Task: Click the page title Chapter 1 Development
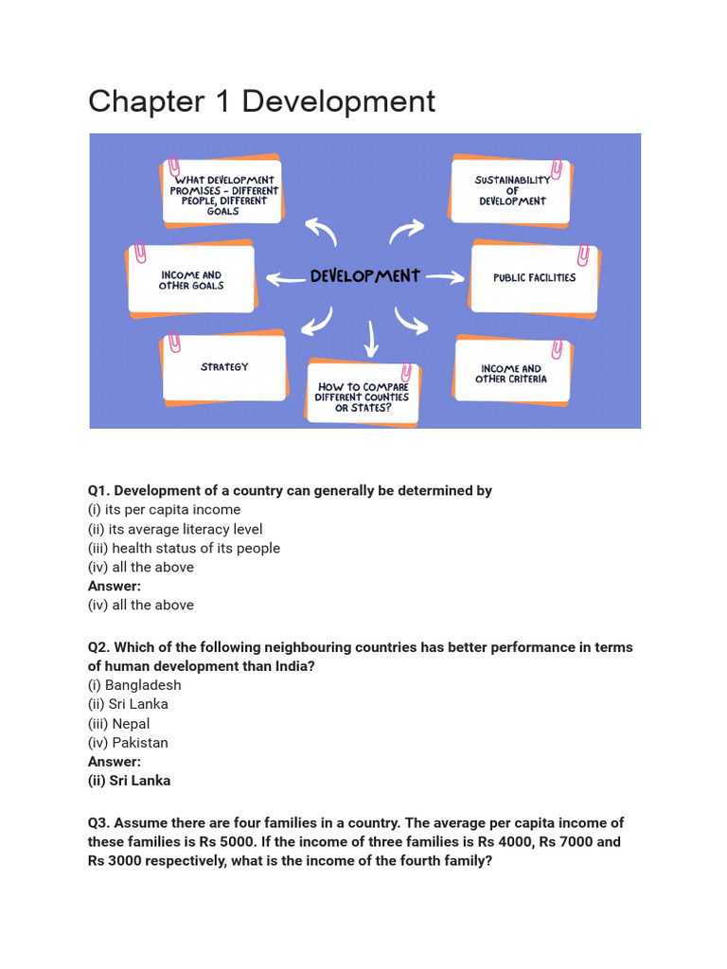tap(261, 101)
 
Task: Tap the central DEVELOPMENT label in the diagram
tap(364, 276)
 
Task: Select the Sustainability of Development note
tap(512, 190)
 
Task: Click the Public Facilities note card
tap(534, 278)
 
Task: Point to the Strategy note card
tap(224, 367)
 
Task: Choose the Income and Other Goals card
tap(191, 280)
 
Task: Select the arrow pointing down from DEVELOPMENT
tap(370, 337)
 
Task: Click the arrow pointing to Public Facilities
tap(445, 277)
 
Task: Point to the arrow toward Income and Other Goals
tap(285, 278)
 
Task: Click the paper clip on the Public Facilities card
tap(583, 255)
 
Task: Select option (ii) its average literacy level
tap(175, 529)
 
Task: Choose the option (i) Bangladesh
tap(134, 685)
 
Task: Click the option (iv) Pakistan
tap(128, 743)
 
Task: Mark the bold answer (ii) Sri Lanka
tap(129, 781)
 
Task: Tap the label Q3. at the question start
tap(100, 823)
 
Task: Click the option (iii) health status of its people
tap(184, 548)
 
